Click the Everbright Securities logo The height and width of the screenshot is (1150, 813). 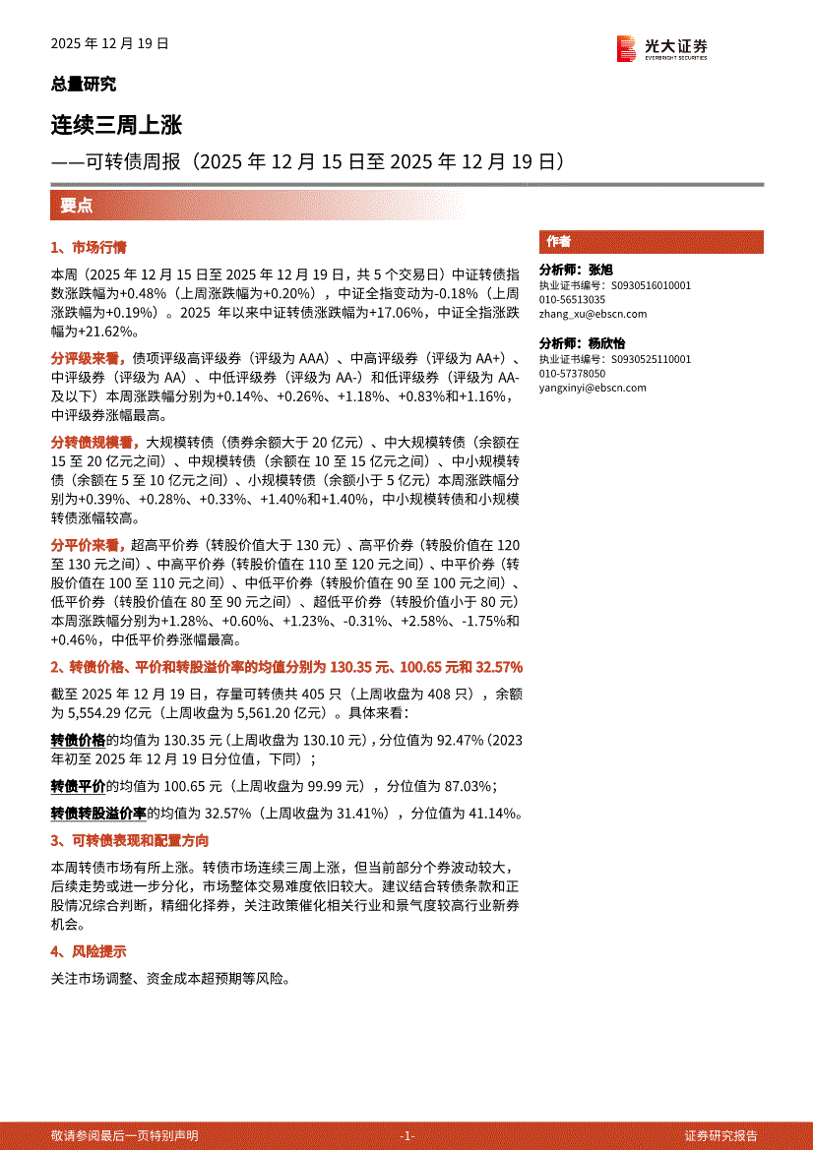(x=661, y=47)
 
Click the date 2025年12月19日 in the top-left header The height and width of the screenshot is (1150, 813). (x=110, y=43)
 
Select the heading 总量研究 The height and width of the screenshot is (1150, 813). (x=83, y=85)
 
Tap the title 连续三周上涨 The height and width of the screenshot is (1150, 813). (x=116, y=125)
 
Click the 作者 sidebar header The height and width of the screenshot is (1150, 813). (x=559, y=242)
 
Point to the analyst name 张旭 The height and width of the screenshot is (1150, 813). (x=600, y=270)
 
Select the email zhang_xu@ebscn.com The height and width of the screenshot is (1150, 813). (x=593, y=314)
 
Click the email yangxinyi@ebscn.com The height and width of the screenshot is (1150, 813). (x=593, y=388)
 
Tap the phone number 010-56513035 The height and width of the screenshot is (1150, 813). (x=572, y=300)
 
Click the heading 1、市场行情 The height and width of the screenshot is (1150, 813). (x=89, y=248)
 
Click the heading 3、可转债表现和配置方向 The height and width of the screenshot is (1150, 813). (x=130, y=841)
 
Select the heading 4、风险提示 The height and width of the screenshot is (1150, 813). (x=89, y=951)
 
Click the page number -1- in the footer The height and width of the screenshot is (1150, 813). (x=407, y=1135)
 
